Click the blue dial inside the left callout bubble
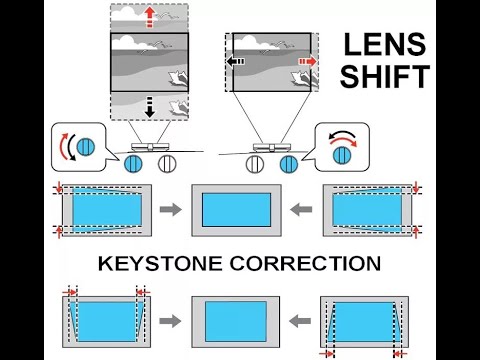point(86,146)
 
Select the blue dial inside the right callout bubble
point(344,152)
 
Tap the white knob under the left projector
point(168,163)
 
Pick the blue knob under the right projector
point(290,163)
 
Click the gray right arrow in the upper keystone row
point(170,210)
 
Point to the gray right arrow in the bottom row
point(170,321)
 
